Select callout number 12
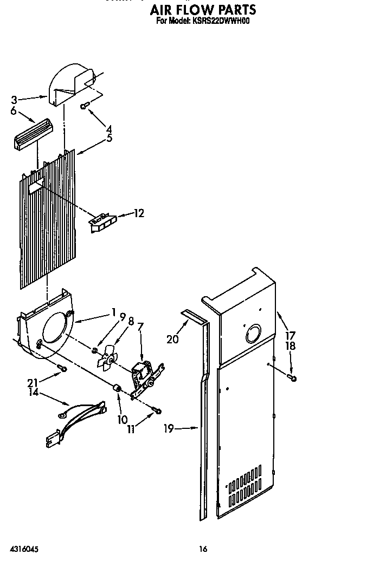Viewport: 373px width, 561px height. [x=139, y=213]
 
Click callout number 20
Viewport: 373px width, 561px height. [x=172, y=340]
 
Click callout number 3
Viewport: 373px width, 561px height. [x=14, y=100]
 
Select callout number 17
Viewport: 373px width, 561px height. [x=291, y=335]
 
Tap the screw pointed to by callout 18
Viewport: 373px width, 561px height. [x=293, y=377]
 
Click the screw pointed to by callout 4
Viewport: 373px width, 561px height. [x=84, y=106]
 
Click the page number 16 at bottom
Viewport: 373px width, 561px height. [x=203, y=549]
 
